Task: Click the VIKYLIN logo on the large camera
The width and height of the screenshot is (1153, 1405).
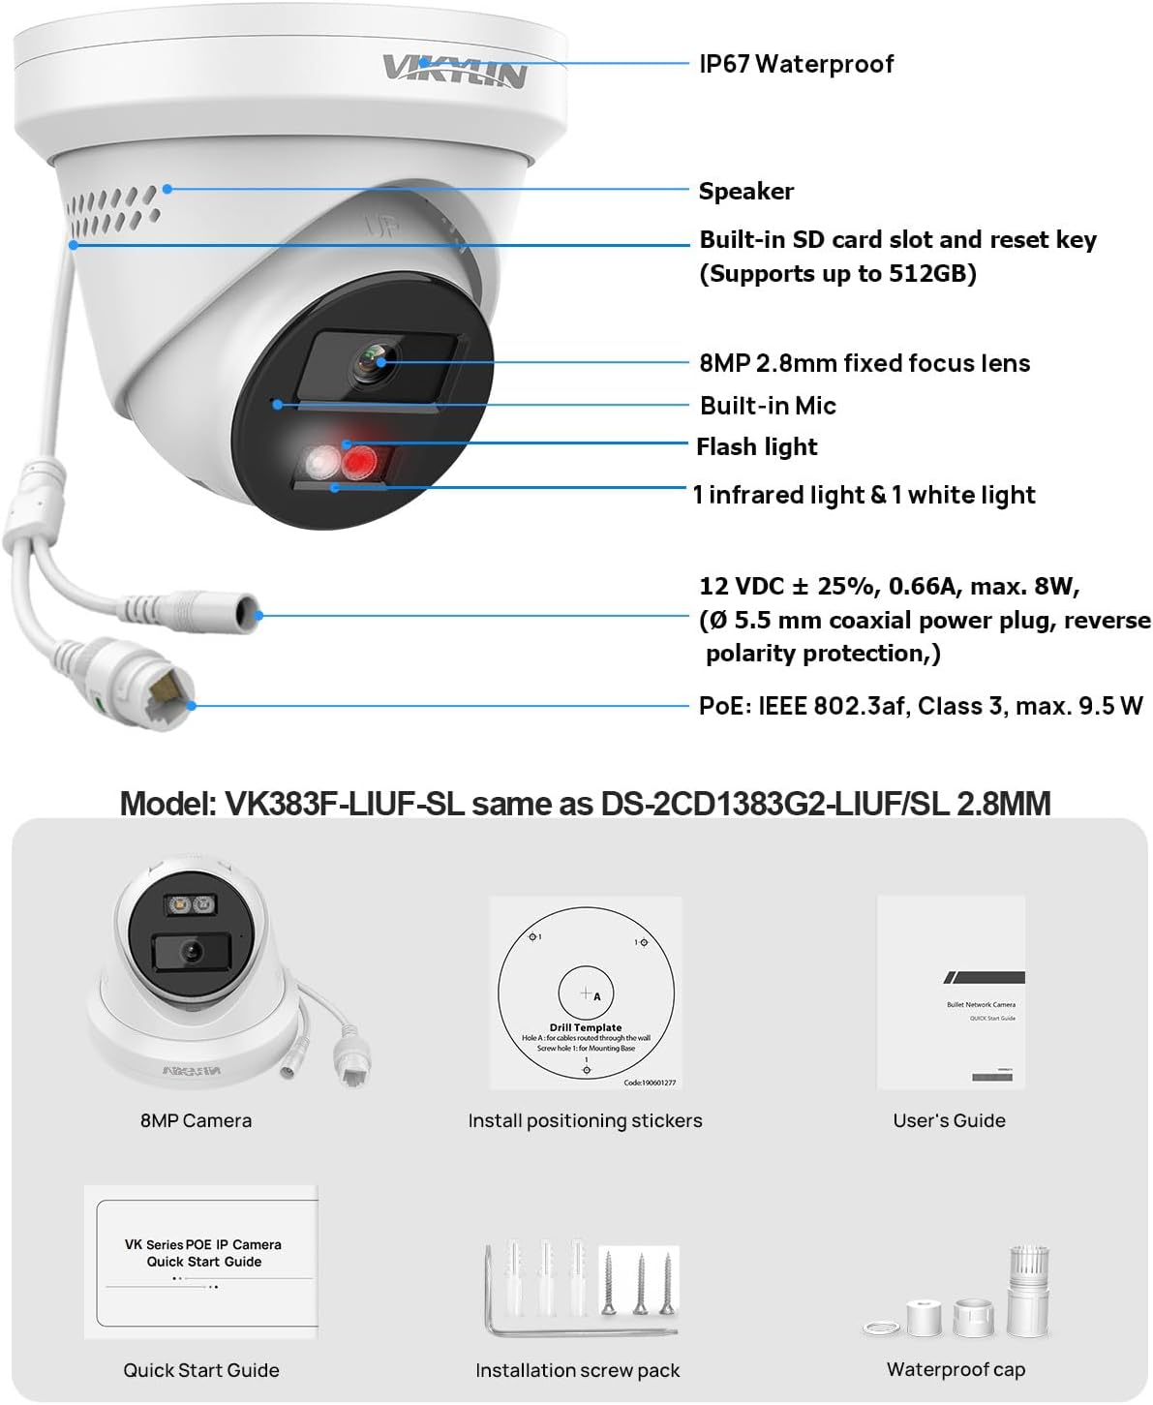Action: click(x=453, y=70)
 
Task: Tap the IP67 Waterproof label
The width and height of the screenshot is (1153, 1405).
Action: click(x=796, y=64)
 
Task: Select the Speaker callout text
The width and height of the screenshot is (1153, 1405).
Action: click(x=745, y=191)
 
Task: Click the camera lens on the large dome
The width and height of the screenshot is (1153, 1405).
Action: click(x=373, y=362)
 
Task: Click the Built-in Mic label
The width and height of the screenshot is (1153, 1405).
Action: click(x=768, y=406)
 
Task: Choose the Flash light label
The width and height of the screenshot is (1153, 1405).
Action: click(x=756, y=446)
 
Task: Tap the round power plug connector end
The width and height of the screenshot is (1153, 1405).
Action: click(x=250, y=612)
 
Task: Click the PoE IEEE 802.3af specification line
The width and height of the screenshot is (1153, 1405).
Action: click(x=920, y=706)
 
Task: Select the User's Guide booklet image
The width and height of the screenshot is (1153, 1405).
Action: click(x=950, y=993)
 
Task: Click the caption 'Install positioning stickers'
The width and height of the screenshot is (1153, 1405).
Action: click(x=585, y=1120)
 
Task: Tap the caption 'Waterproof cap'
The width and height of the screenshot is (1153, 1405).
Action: click(x=956, y=1369)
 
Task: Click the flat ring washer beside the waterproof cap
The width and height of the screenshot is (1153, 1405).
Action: click(x=879, y=1327)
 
